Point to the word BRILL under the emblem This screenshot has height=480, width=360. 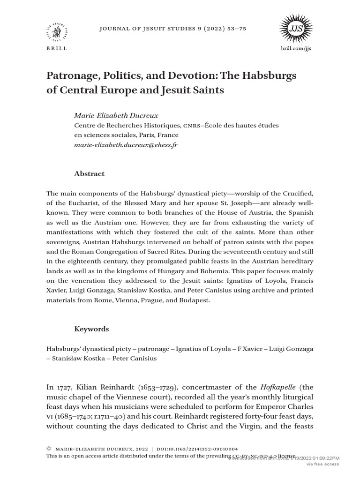57,48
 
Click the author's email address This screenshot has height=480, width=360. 126,145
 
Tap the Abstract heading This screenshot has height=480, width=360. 90,173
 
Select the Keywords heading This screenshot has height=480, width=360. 91,329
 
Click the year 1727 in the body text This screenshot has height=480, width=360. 64,387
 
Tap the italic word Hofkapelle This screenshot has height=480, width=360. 275,387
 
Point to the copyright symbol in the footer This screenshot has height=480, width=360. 49,448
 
